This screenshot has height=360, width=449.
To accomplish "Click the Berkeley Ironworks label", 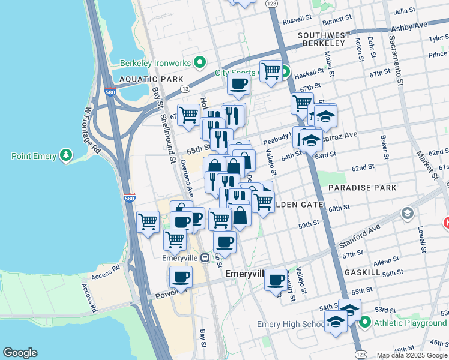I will pos(155,63).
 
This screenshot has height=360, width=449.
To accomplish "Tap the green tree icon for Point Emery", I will pos(66,156).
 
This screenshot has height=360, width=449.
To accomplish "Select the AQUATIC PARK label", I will pos(142,79).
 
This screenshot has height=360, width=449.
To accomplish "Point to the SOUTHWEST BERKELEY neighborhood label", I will pos(323,39).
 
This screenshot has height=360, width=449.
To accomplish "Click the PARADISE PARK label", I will pos(363,188).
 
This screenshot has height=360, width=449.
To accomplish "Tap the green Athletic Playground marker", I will pos(365,323).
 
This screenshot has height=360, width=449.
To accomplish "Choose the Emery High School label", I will pos(291,325).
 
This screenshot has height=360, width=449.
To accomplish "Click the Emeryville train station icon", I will pos(205,257).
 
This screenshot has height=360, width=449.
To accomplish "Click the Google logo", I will pos(20,353).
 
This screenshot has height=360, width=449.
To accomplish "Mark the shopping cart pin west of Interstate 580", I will pos(148,221).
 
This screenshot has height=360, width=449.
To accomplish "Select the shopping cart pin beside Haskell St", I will pos(271,71).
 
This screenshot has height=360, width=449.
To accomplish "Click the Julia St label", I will pos(404,11).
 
